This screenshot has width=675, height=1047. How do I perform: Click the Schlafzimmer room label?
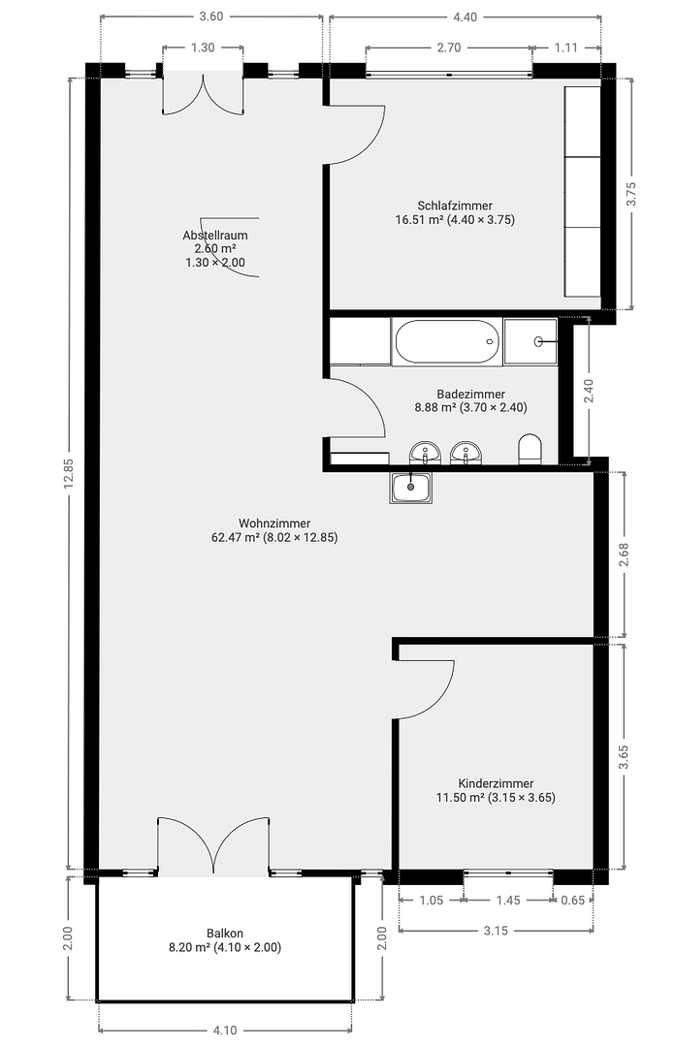(455, 206)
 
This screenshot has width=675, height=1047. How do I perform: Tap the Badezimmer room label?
(470, 394)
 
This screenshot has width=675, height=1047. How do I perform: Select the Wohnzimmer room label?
(274, 523)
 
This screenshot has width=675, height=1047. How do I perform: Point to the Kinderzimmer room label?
(496, 783)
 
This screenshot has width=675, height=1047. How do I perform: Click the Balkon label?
(225, 934)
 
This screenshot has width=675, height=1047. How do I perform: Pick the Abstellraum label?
(215, 235)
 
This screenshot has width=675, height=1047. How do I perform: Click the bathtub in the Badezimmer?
(447, 342)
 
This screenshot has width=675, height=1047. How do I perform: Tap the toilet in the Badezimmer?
(530, 449)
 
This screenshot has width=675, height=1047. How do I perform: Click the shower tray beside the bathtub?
(530, 342)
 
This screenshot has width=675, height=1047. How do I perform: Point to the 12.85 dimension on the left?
(69, 473)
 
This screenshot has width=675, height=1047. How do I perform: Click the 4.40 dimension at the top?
(465, 16)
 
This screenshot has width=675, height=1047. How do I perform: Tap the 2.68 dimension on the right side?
(624, 555)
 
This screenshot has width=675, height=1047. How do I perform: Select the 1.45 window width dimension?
(508, 900)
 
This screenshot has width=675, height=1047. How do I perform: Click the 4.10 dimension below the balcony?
(225, 1030)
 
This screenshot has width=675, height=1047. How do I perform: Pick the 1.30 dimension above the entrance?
(203, 48)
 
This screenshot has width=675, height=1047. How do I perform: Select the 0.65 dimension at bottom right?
(573, 900)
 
